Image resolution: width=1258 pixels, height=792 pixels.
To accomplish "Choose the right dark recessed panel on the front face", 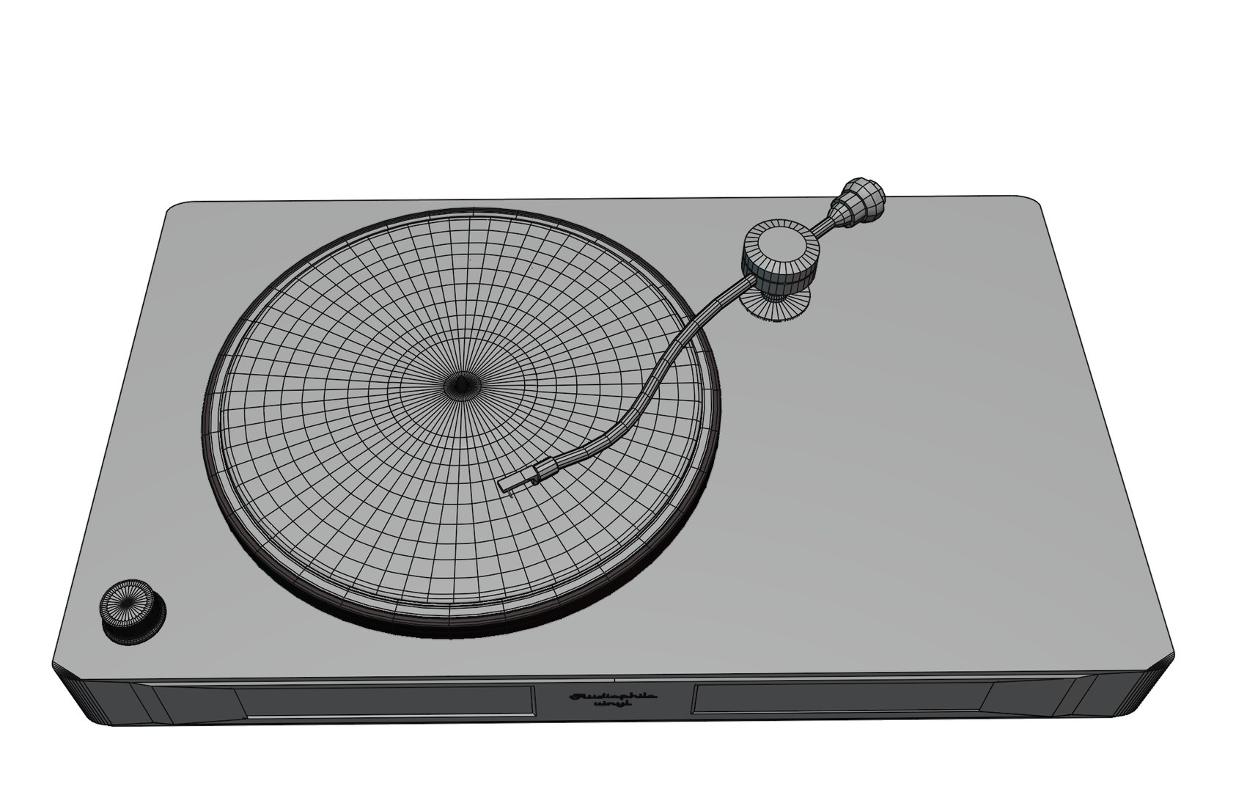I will (839, 697).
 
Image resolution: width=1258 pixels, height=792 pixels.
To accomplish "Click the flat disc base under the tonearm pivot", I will (777, 303).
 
